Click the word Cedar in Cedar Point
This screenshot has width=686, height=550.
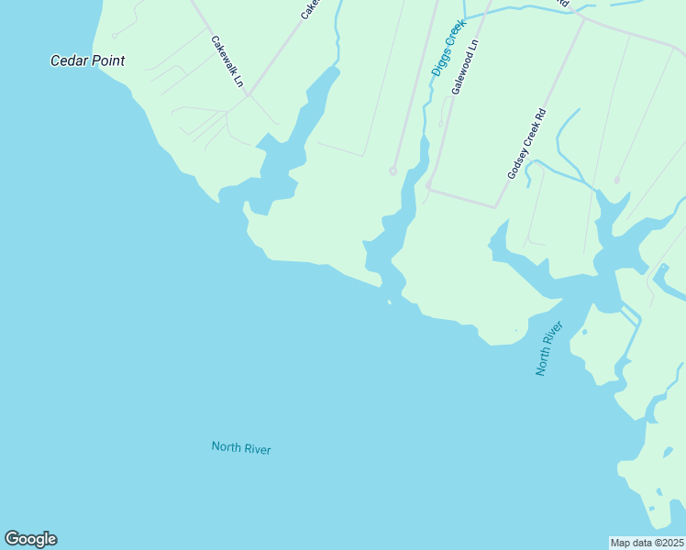[x=68, y=61]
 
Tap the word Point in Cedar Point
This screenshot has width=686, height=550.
[x=106, y=61]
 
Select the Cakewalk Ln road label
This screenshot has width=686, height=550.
[x=227, y=62]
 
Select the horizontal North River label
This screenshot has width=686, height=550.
[x=241, y=448]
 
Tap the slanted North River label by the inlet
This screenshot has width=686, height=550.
[x=548, y=348]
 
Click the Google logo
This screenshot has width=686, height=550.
[x=30, y=539]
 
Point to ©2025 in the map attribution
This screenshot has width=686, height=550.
[x=668, y=542]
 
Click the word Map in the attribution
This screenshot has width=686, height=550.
[x=623, y=542]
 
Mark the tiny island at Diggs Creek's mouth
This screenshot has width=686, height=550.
[x=390, y=301]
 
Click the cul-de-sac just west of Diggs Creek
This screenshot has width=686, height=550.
[x=393, y=170]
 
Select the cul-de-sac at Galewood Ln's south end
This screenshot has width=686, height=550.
[x=428, y=186]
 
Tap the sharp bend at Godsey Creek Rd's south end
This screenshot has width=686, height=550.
[x=496, y=206]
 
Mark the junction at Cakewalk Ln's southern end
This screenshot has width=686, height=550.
[x=248, y=93]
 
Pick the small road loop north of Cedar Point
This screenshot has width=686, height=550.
[x=115, y=36]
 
